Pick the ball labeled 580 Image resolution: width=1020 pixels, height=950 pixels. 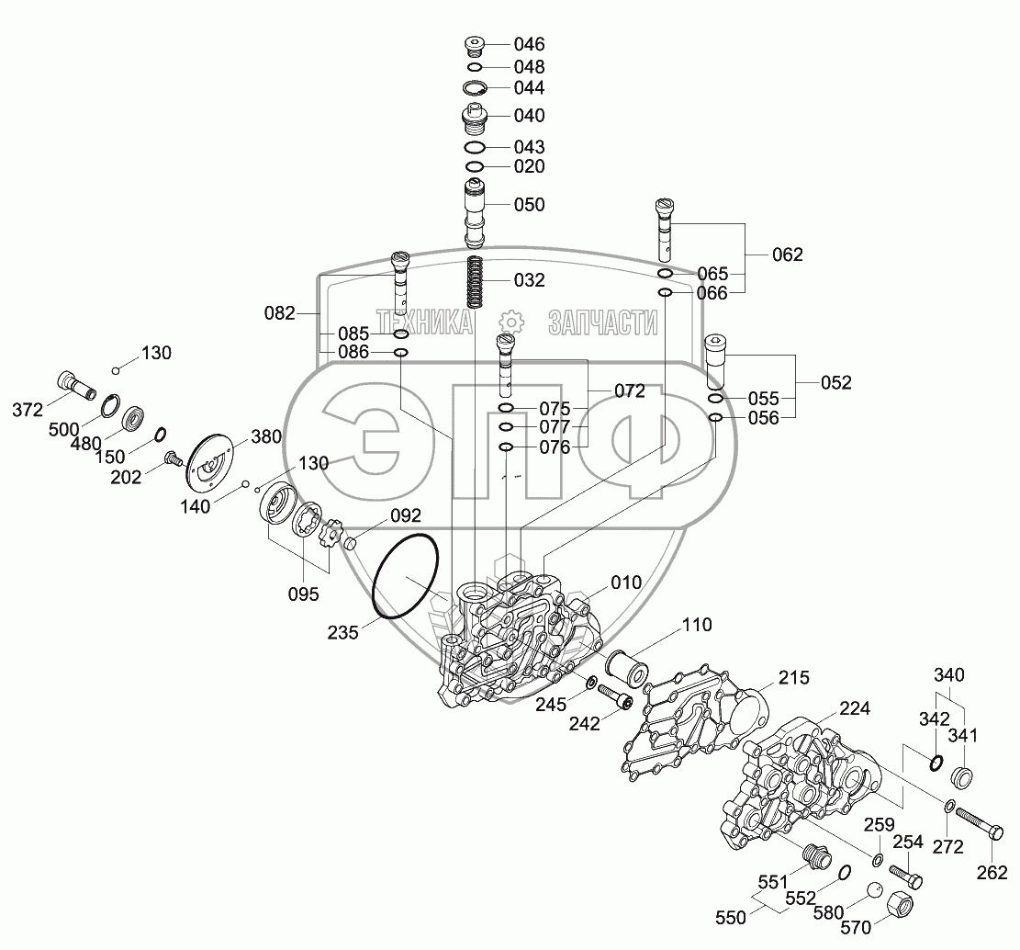(x=875, y=891)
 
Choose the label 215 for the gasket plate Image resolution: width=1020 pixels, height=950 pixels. (x=794, y=678)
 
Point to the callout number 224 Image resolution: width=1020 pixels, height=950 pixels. (x=853, y=708)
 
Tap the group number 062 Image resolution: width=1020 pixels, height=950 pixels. (x=787, y=254)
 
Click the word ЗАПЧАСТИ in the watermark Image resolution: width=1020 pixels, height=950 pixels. (x=602, y=322)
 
